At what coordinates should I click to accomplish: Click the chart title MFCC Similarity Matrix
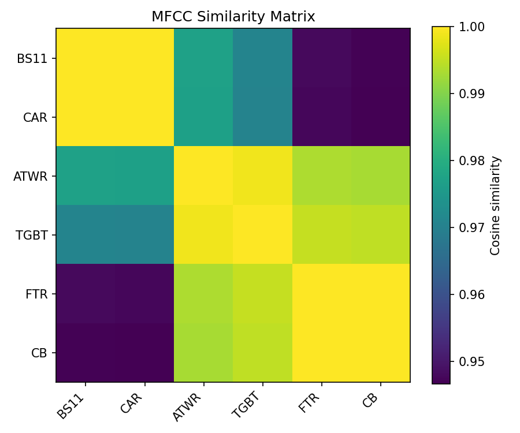(x=233, y=17)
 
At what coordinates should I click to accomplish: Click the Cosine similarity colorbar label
(x=495, y=205)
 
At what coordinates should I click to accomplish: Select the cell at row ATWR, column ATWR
(x=203, y=176)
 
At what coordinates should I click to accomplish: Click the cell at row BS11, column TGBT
(x=262, y=58)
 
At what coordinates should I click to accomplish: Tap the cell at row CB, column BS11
(x=86, y=353)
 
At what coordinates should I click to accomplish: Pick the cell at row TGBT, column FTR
(x=321, y=235)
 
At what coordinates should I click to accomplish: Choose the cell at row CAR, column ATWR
(x=203, y=117)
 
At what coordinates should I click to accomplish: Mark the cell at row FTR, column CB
(x=380, y=294)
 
